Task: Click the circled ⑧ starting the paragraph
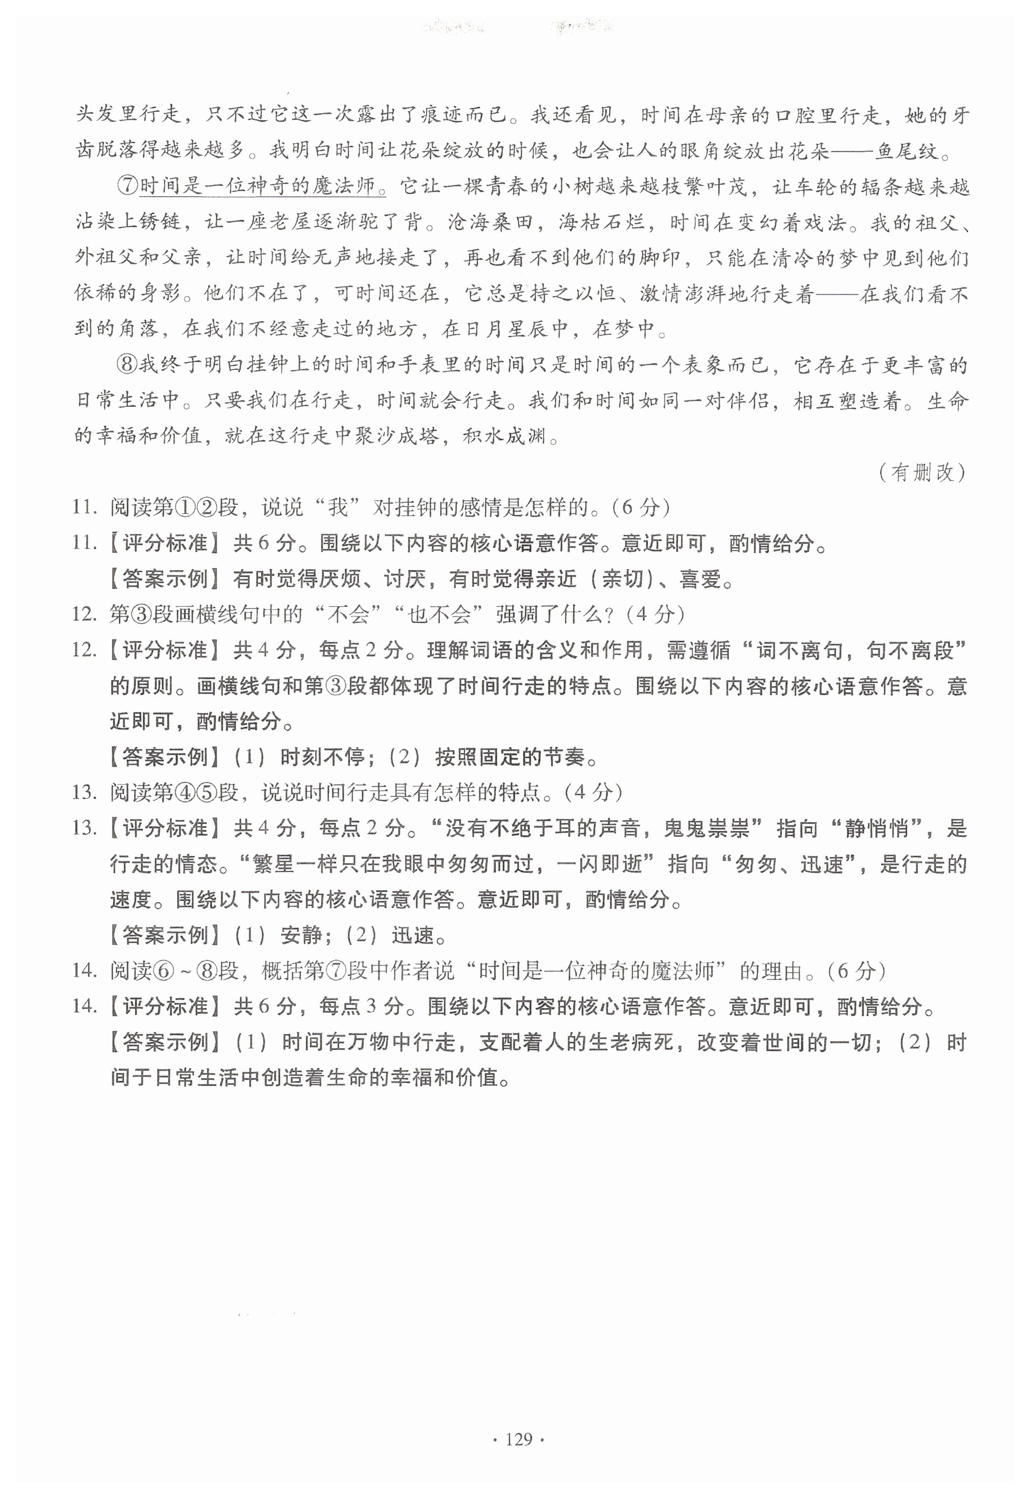pyautogui.click(x=128, y=365)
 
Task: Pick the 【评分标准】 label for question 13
pyautogui.click(x=164, y=828)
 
